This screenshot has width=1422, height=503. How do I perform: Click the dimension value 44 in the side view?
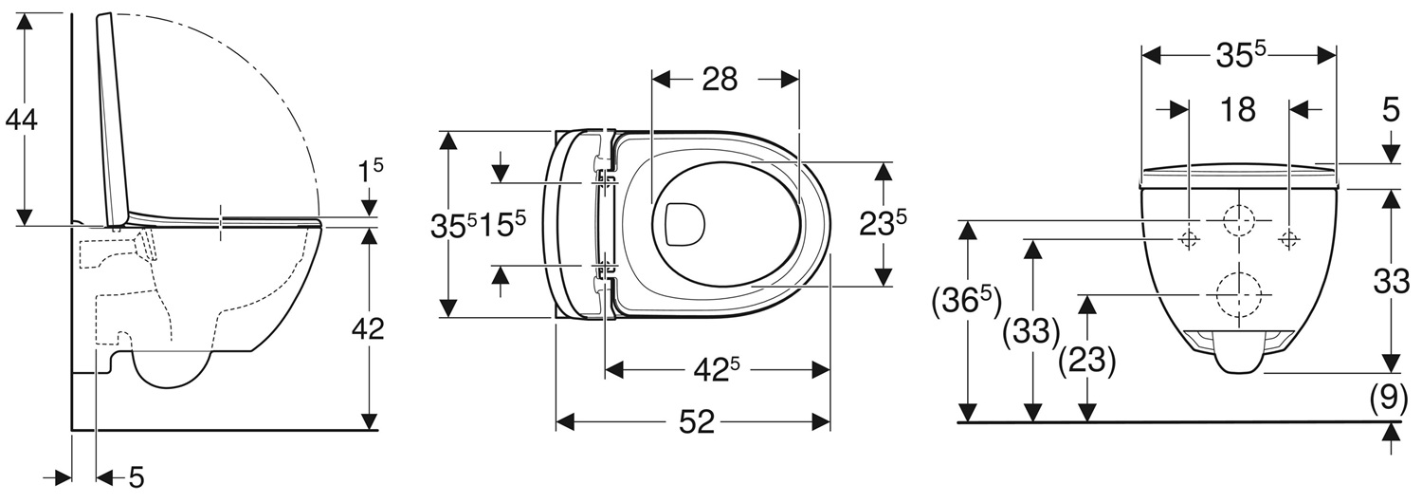point(21,120)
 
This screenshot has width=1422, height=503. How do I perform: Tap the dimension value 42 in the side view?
point(368,329)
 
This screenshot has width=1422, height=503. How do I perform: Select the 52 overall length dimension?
point(697,421)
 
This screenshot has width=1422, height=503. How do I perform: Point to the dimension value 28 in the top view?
point(720,80)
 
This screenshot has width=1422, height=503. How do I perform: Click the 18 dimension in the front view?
point(1237,109)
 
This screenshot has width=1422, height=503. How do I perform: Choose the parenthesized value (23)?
point(1087,362)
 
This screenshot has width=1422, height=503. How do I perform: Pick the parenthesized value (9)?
point(1390,399)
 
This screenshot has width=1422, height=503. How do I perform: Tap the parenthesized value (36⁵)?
point(966,303)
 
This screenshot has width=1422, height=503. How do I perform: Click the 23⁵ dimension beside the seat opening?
point(883,223)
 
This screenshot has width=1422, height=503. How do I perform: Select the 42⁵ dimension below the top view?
point(716,370)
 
